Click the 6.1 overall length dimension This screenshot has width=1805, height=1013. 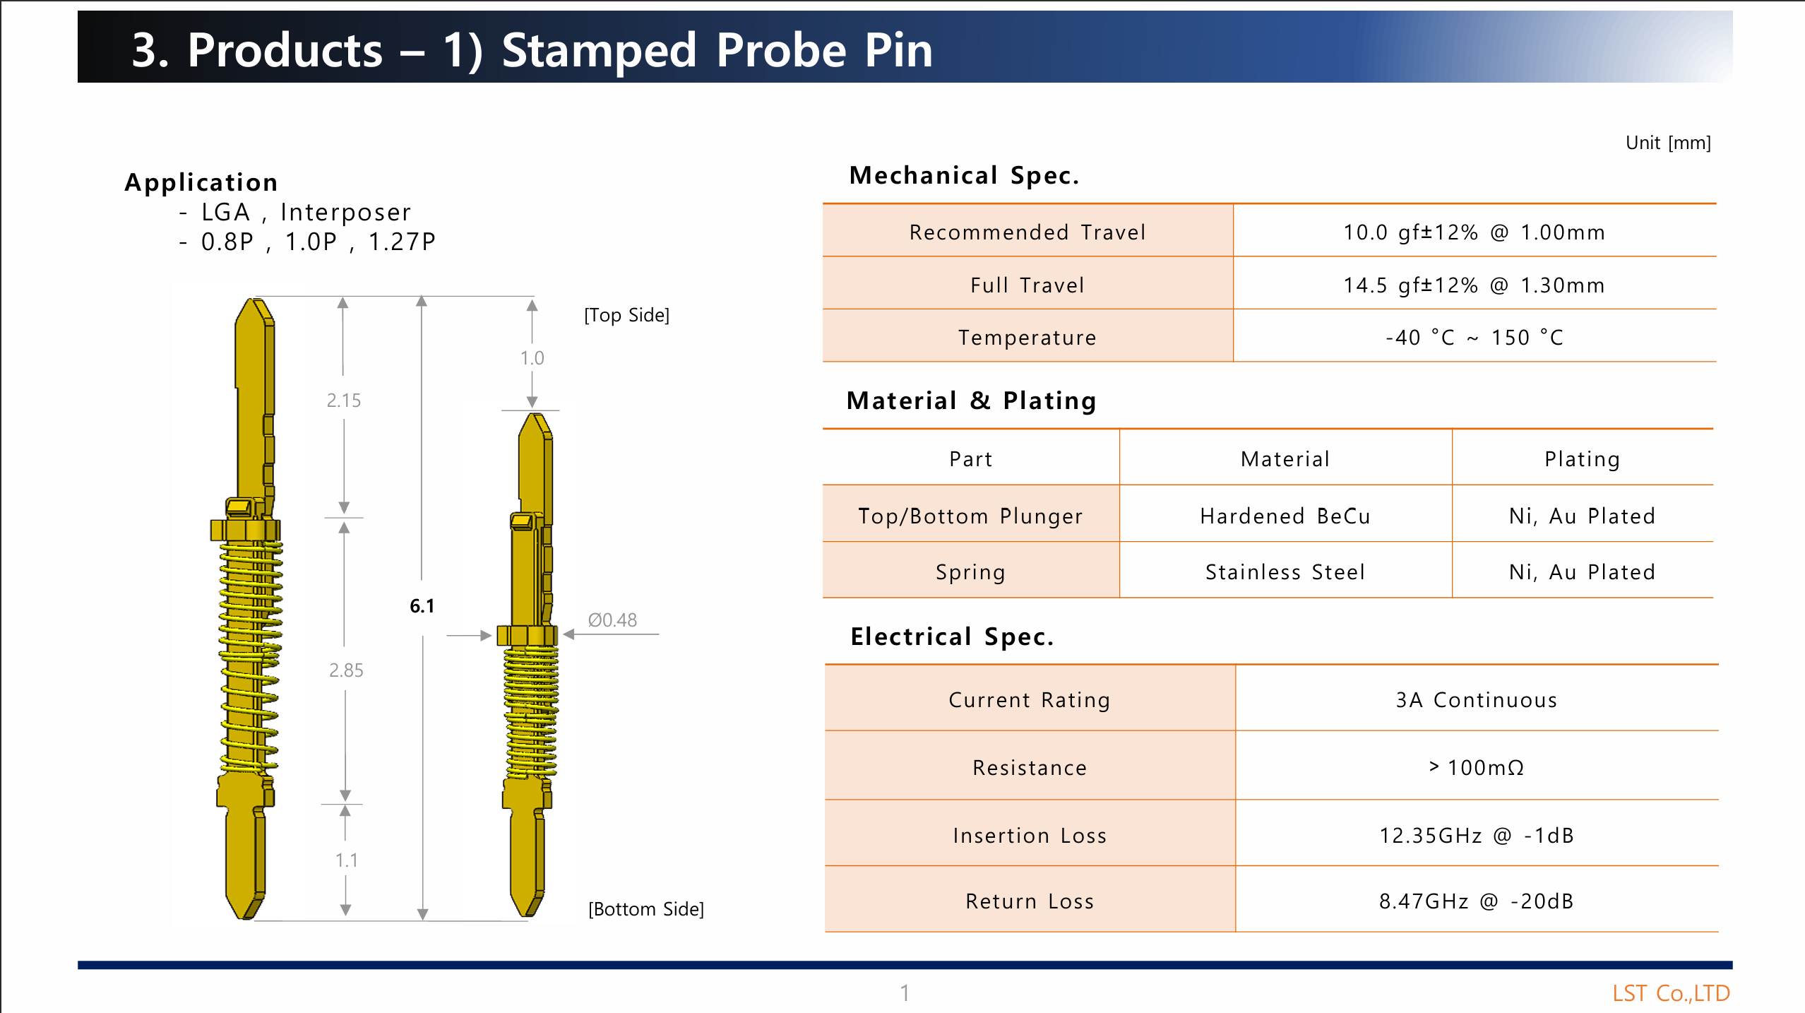(x=422, y=606)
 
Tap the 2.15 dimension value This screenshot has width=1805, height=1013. (x=344, y=401)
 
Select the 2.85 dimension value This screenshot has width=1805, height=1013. (x=346, y=670)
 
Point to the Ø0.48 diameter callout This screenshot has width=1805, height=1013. (x=612, y=620)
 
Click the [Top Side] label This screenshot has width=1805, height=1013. (x=627, y=315)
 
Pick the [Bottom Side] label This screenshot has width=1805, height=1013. (x=646, y=909)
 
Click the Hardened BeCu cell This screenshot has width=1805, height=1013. (x=1285, y=516)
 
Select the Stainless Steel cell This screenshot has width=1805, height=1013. (x=1285, y=572)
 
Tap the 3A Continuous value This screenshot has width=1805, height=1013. (x=1477, y=700)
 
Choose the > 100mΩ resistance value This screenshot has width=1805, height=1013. (x=1477, y=768)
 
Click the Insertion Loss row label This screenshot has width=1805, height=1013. (x=1030, y=836)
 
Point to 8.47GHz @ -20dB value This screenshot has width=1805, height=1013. (x=1477, y=901)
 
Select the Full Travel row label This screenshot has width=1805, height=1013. (x=1027, y=285)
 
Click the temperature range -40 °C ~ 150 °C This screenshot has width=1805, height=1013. (x=1475, y=338)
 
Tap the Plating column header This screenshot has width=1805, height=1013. (x=1583, y=459)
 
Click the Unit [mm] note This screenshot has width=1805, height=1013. (x=1668, y=143)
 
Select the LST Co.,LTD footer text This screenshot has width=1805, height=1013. (x=1671, y=993)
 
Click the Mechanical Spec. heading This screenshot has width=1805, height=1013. (x=965, y=175)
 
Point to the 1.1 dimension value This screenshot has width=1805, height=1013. (x=347, y=860)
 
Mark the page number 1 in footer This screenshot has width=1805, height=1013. (x=905, y=993)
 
